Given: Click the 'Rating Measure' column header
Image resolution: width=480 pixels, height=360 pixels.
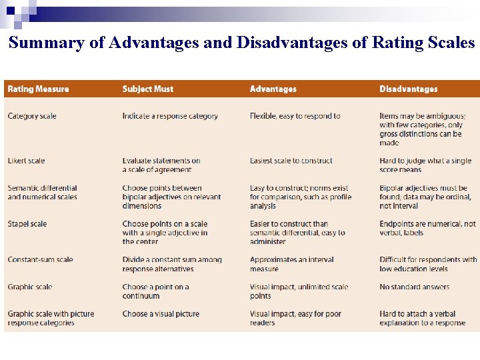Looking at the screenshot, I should pyautogui.click(x=38, y=89).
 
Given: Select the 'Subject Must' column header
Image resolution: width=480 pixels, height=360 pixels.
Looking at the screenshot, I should pyautogui.click(x=148, y=89).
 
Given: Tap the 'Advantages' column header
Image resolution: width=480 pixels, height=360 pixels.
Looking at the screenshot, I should pyautogui.click(x=273, y=89).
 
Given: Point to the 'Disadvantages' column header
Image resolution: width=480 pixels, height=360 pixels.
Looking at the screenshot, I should pyautogui.click(x=408, y=89).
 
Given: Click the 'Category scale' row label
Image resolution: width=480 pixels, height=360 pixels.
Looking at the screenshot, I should pyautogui.click(x=32, y=116).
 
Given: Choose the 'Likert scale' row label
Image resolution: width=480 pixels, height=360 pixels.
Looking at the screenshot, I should pyautogui.click(x=27, y=161).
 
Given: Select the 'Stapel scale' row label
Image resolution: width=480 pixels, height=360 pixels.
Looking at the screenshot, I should pyautogui.click(x=27, y=224).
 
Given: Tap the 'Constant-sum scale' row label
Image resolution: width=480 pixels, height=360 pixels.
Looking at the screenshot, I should pyautogui.click(x=40, y=260).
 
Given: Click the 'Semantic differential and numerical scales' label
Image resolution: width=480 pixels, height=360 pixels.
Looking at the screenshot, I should pyautogui.click(x=42, y=193).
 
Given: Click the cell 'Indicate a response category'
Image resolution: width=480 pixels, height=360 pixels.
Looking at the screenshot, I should pyautogui.click(x=170, y=116).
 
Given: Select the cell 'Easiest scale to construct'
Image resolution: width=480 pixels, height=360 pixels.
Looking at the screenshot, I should pyautogui.click(x=291, y=161).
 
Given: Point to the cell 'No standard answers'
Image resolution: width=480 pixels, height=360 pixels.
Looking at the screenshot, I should pyautogui.click(x=414, y=287).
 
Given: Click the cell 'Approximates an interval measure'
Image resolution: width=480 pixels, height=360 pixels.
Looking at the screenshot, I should pyautogui.click(x=291, y=265).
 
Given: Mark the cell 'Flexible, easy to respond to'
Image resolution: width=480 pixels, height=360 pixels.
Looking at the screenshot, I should pyautogui.click(x=295, y=116).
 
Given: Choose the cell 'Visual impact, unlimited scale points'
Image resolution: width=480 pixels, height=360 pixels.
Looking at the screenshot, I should pyautogui.click(x=299, y=291).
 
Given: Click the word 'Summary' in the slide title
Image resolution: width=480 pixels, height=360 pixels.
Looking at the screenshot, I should pyautogui.click(x=46, y=43).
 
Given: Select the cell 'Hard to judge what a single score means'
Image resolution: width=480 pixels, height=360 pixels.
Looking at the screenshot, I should pyautogui.click(x=425, y=165).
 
